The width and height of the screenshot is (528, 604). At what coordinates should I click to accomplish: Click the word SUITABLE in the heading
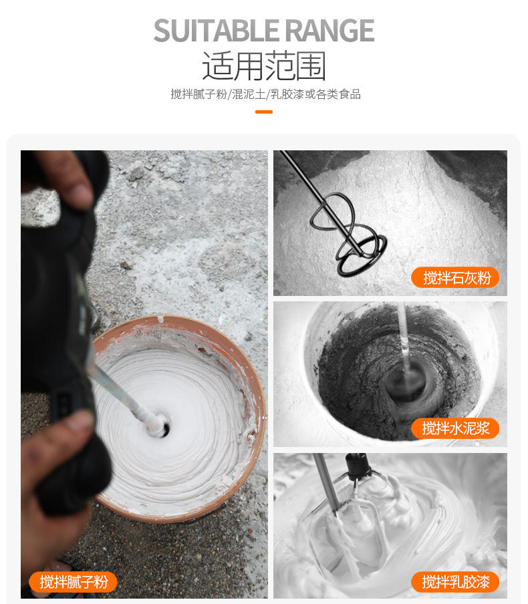click(216, 31)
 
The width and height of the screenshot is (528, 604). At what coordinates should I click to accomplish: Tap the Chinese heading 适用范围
click(264, 65)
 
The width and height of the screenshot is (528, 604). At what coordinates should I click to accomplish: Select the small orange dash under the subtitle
click(264, 112)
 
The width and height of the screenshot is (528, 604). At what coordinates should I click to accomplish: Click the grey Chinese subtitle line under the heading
click(265, 94)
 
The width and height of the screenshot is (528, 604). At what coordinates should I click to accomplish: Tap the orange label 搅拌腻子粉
click(73, 582)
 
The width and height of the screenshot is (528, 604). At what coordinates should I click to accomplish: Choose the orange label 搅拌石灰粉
click(455, 277)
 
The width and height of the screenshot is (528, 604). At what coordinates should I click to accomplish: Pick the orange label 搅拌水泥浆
click(455, 428)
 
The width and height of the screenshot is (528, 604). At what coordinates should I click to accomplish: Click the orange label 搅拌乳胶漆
click(455, 582)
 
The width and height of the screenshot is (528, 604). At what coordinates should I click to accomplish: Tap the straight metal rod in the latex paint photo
click(326, 484)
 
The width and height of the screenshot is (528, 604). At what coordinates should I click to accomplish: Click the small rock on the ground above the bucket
click(126, 265)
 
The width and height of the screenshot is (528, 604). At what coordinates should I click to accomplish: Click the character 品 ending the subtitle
click(355, 94)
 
